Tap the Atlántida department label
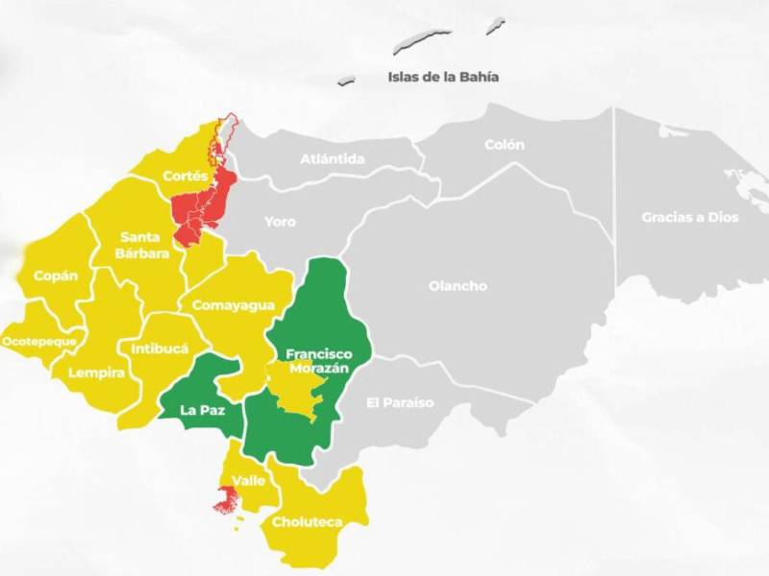point(333,158)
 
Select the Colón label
point(505,145)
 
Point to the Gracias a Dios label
point(690,217)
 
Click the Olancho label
point(458,286)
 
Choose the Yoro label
point(280,222)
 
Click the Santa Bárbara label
point(145,245)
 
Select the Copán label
point(55,276)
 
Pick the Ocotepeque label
point(39,341)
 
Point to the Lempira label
point(96,372)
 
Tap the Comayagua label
point(234,305)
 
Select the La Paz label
point(201,410)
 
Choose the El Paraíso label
point(400,401)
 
